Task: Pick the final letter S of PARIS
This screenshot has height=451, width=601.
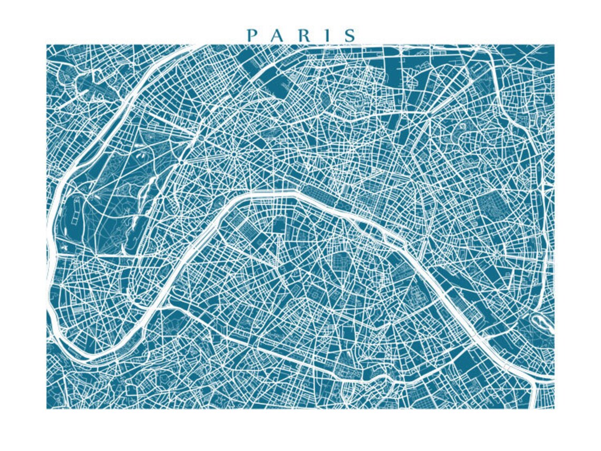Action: point(350,35)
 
